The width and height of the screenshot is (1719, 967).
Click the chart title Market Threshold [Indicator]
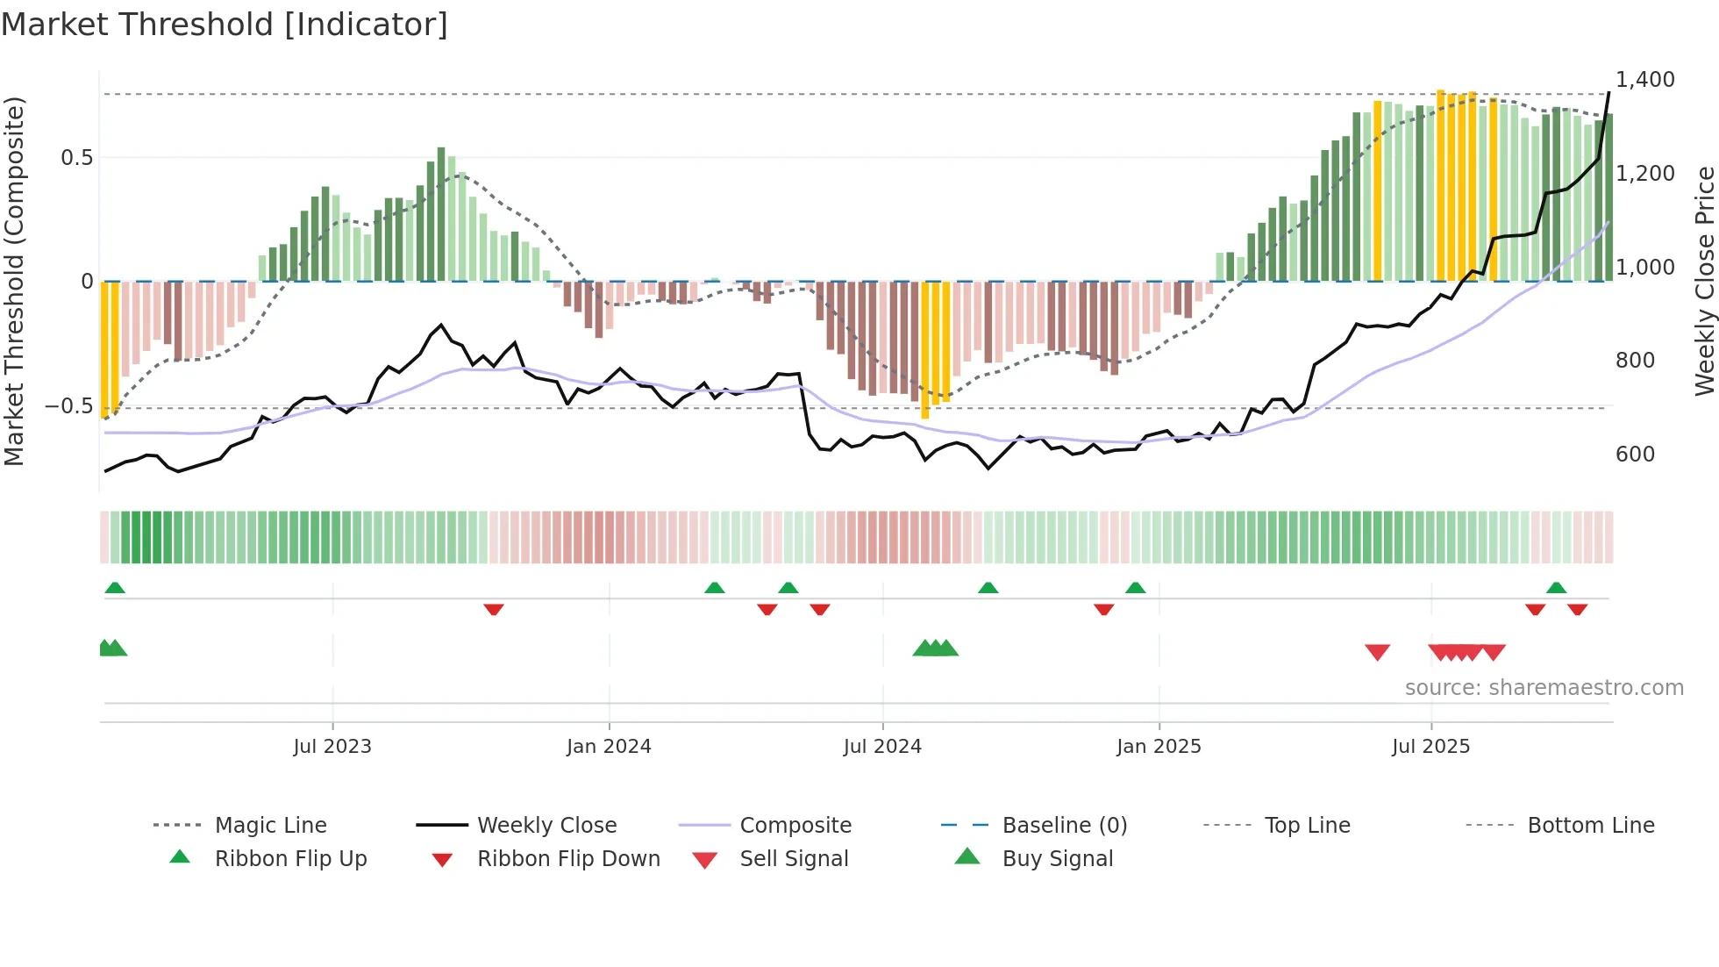pos(225,25)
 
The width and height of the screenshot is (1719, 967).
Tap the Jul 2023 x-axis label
pos(332,747)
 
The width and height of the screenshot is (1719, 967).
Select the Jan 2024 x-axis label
pos(609,747)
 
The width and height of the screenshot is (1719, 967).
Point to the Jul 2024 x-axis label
pos(882,747)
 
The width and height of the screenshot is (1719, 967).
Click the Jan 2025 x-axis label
pos(1159,747)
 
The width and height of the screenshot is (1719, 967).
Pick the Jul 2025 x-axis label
pos(1430,747)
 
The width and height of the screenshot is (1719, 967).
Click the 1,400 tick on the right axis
pos(1645,80)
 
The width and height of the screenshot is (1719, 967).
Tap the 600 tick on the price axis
pos(1635,455)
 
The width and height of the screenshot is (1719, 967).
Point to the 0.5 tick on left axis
pos(76,158)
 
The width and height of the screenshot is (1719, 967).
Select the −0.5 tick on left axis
pos(69,406)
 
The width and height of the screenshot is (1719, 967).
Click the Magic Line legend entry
pos(270,826)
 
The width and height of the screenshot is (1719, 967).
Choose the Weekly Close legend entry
pos(546,826)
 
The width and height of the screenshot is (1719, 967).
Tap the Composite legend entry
pos(795,826)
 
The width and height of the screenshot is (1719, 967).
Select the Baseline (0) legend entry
pos(1064,826)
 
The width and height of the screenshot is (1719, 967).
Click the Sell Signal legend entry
pos(794,859)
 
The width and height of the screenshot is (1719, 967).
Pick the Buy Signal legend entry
pos(1057,859)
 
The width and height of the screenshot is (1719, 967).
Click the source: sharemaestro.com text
pos(1544,688)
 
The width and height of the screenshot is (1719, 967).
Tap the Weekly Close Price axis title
pos(1704,281)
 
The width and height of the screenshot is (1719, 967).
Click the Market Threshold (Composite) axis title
pos(14,281)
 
